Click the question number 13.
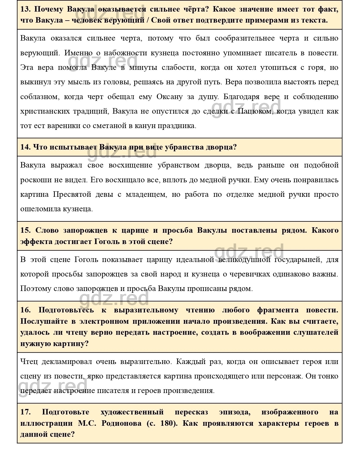click(25, 9)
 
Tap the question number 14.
click(25, 147)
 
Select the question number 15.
click(25, 230)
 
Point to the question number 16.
click(25, 310)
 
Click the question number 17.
click(25, 412)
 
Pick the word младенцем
click(146, 194)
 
